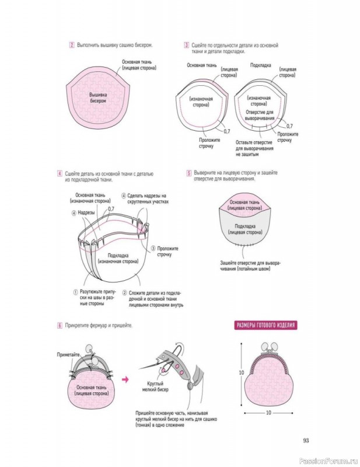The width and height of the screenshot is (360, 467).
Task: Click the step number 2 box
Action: (x=72, y=46)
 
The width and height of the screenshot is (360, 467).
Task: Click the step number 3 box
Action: (x=186, y=46)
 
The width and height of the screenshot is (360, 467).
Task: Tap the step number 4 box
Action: (x=60, y=173)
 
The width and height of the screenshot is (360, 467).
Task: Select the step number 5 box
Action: (x=189, y=173)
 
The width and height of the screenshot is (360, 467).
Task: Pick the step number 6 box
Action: (x=60, y=326)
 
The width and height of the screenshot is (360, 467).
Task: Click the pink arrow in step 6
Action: (x=125, y=379)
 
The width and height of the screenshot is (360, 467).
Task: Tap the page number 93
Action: (x=306, y=441)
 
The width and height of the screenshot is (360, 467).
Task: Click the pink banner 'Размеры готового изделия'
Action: (x=265, y=325)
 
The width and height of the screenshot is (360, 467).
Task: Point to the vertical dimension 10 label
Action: (x=241, y=372)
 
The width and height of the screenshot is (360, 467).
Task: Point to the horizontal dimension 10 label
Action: (x=268, y=413)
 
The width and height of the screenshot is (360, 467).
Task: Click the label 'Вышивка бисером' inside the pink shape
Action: (x=98, y=97)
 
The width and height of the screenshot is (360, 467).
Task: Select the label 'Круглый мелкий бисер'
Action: (x=155, y=386)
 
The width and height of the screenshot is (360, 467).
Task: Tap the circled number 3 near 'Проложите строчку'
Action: (x=153, y=249)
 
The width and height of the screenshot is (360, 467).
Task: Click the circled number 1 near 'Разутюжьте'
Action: (x=76, y=292)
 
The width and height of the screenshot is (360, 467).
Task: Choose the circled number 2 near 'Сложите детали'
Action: (x=124, y=293)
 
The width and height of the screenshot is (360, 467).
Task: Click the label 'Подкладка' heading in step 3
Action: (x=261, y=65)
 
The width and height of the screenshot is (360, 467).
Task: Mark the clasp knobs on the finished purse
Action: (x=269, y=347)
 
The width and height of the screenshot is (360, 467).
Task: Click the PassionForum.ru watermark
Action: (x=328, y=461)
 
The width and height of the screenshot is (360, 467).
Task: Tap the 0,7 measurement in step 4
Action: (x=111, y=209)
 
